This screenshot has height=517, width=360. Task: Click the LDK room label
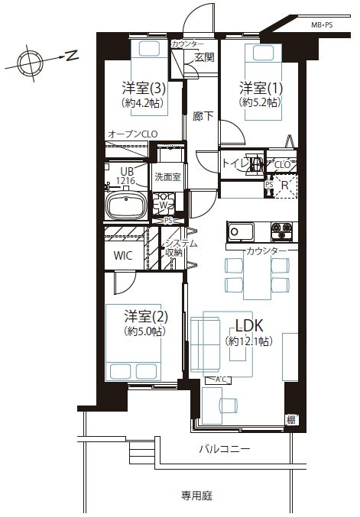click(x=249, y=326)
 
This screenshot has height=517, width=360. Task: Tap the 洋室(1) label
click(x=261, y=88)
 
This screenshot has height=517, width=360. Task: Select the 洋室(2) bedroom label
click(x=146, y=316)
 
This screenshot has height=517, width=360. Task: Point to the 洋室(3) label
click(x=144, y=88)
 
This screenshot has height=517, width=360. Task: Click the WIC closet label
click(x=123, y=255)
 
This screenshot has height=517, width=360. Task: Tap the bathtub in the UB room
click(x=126, y=205)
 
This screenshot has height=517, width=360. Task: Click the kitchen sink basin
click(x=241, y=231)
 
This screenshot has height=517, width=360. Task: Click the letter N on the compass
click(x=72, y=55)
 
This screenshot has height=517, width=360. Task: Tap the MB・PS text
click(x=322, y=24)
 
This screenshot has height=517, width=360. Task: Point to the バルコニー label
click(x=225, y=449)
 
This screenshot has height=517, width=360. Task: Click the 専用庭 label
click(x=196, y=496)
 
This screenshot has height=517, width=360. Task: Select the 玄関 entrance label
click(x=204, y=57)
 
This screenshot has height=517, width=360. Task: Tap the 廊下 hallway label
click(x=203, y=116)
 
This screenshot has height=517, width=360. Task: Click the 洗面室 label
click(x=167, y=177)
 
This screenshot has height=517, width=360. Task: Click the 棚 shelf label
click(x=290, y=420)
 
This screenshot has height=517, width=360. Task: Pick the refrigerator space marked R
click(x=285, y=186)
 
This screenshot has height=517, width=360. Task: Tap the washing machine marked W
click(x=164, y=205)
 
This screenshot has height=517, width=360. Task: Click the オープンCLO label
click(x=133, y=134)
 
